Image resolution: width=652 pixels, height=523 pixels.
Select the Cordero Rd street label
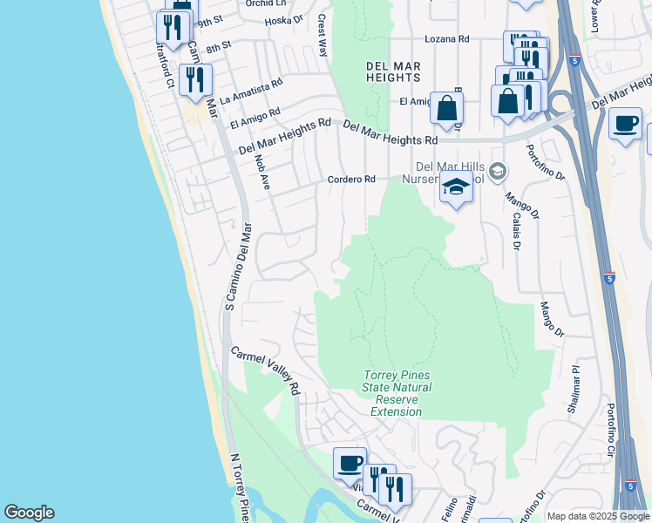pyautogui.click(x=351, y=179)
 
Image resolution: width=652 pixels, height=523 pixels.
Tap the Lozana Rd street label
pyautogui.click(x=446, y=39)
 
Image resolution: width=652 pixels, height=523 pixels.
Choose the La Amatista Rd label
pyautogui.click(x=251, y=90)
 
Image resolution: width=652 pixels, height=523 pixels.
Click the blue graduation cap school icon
pyautogui.click(x=456, y=187)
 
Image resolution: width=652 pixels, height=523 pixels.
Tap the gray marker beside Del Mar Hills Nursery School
pyautogui.click(x=497, y=171)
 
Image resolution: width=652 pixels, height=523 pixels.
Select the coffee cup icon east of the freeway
pyautogui.click(x=624, y=123)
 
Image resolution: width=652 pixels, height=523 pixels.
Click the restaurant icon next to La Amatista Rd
pyautogui.click(x=195, y=80)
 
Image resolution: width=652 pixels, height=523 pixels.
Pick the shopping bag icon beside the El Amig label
pyautogui.click(x=446, y=108)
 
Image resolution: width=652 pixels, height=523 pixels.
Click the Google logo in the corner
pyautogui.click(x=29, y=513)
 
